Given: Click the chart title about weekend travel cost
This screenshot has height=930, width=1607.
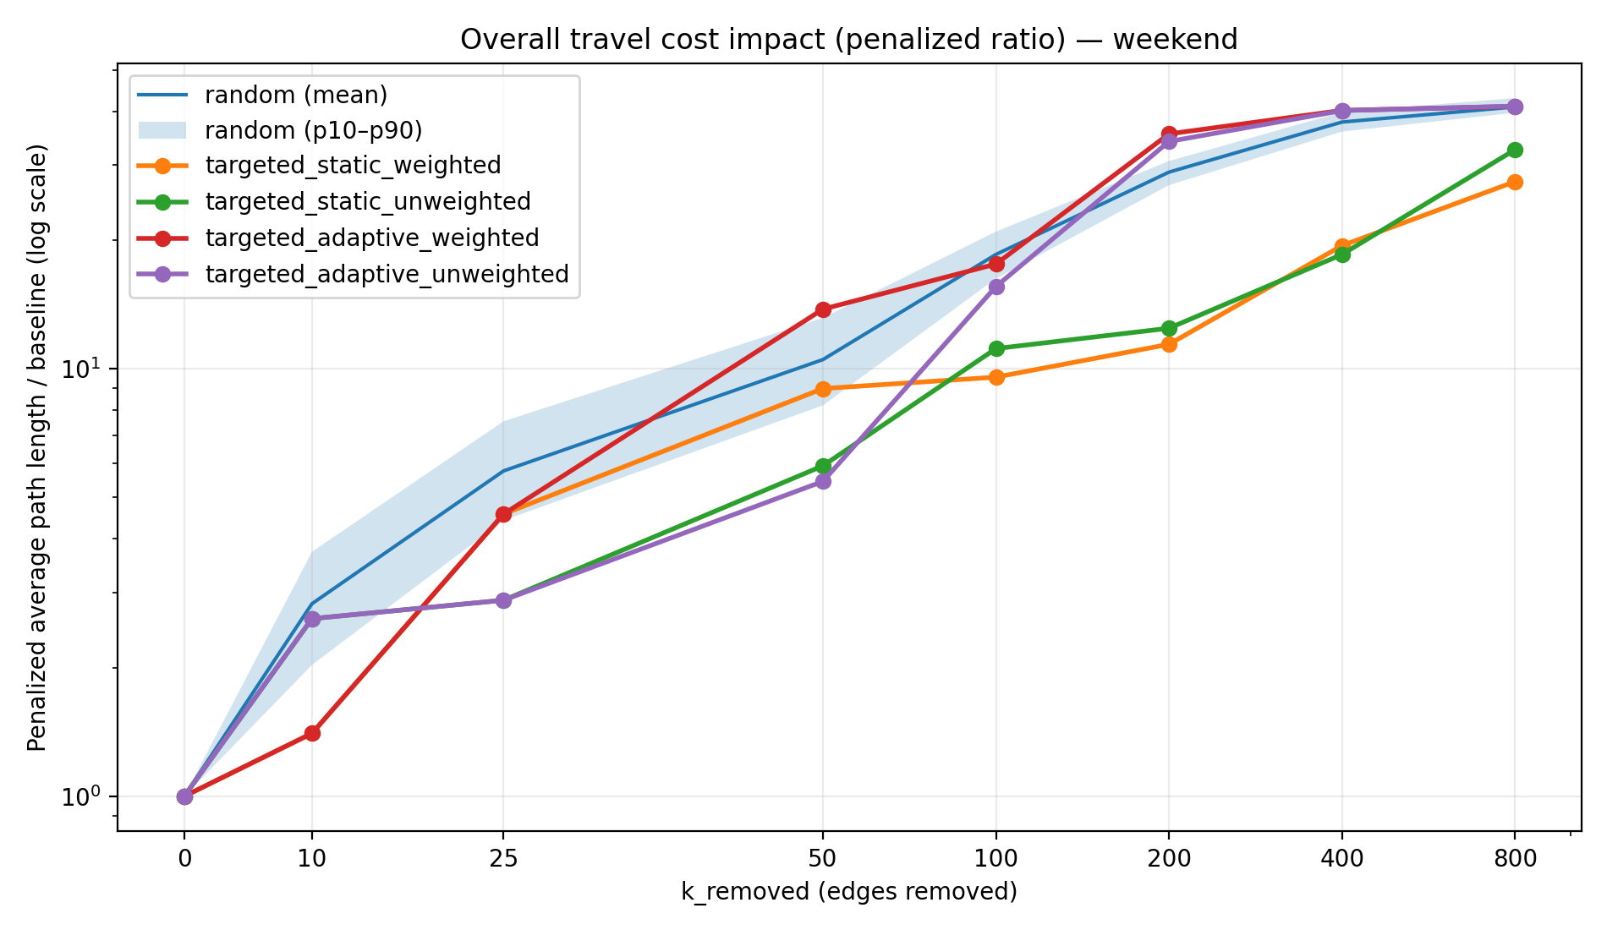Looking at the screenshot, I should click(x=848, y=40).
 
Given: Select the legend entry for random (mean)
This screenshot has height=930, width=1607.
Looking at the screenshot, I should click(x=295, y=95).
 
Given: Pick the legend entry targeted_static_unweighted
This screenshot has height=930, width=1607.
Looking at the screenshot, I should click(x=367, y=201).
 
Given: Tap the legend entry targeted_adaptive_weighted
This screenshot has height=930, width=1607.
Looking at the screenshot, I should click(x=371, y=238).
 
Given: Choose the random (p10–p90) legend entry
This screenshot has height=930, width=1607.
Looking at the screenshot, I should click(x=313, y=130).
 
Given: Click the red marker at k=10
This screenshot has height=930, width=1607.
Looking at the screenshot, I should click(x=312, y=733).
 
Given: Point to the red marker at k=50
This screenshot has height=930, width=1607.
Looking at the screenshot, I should click(x=823, y=309).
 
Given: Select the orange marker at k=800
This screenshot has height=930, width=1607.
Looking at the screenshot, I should click(x=1515, y=182).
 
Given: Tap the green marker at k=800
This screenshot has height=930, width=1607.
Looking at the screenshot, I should click(x=1515, y=150).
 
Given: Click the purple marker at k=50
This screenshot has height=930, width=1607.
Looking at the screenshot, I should click(x=823, y=482).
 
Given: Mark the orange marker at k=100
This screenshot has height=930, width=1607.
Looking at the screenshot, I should click(x=996, y=377).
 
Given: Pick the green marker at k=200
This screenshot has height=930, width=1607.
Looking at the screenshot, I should click(x=1169, y=328).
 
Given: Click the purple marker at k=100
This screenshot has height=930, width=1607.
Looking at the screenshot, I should click(x=996, y=287).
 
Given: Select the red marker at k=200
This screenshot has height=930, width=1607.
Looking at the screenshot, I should click(x=1169, y=134).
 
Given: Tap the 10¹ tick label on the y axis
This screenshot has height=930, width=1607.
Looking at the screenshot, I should click(x=83, y=369).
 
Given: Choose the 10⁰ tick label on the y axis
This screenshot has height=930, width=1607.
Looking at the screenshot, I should click(x=83, y=796).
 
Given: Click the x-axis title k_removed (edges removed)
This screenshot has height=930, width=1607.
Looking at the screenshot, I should click(x=848, y=892).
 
